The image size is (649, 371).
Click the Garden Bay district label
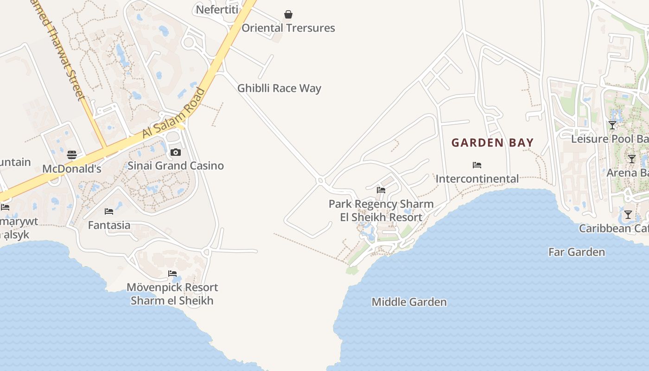click(x=493, y=142)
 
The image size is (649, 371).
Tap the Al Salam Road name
click(x=173, y=113)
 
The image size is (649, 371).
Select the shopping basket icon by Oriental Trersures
click(x=288, y=15)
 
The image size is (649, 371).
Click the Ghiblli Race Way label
click(x=279, y=88)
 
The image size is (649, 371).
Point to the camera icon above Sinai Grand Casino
click(x=175, y=152)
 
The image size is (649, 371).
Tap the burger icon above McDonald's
click(x=72, y=155)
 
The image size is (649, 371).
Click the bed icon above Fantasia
click(x=109, y=211)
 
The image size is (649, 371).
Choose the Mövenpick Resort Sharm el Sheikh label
click(x=172, y=294)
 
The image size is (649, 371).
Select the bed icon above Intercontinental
click(x=477, y=165)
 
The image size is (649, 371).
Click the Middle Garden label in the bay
click(x=409, y=302)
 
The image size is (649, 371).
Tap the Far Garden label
click(x=577, y=252)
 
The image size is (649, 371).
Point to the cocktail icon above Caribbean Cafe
click(x=628, y=215)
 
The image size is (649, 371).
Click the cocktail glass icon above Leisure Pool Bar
click(x=612, y=125)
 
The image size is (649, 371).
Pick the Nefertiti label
click(x=217, y=10)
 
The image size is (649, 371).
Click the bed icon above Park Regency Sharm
click(x=381, y=190)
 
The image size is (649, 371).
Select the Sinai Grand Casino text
click(x=176, y=166)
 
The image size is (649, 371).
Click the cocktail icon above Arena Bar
click(x=632, y=159)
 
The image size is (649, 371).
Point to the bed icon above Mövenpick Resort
click(x=172, y=273)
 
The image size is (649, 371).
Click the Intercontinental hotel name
click(x=477, y=179)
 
